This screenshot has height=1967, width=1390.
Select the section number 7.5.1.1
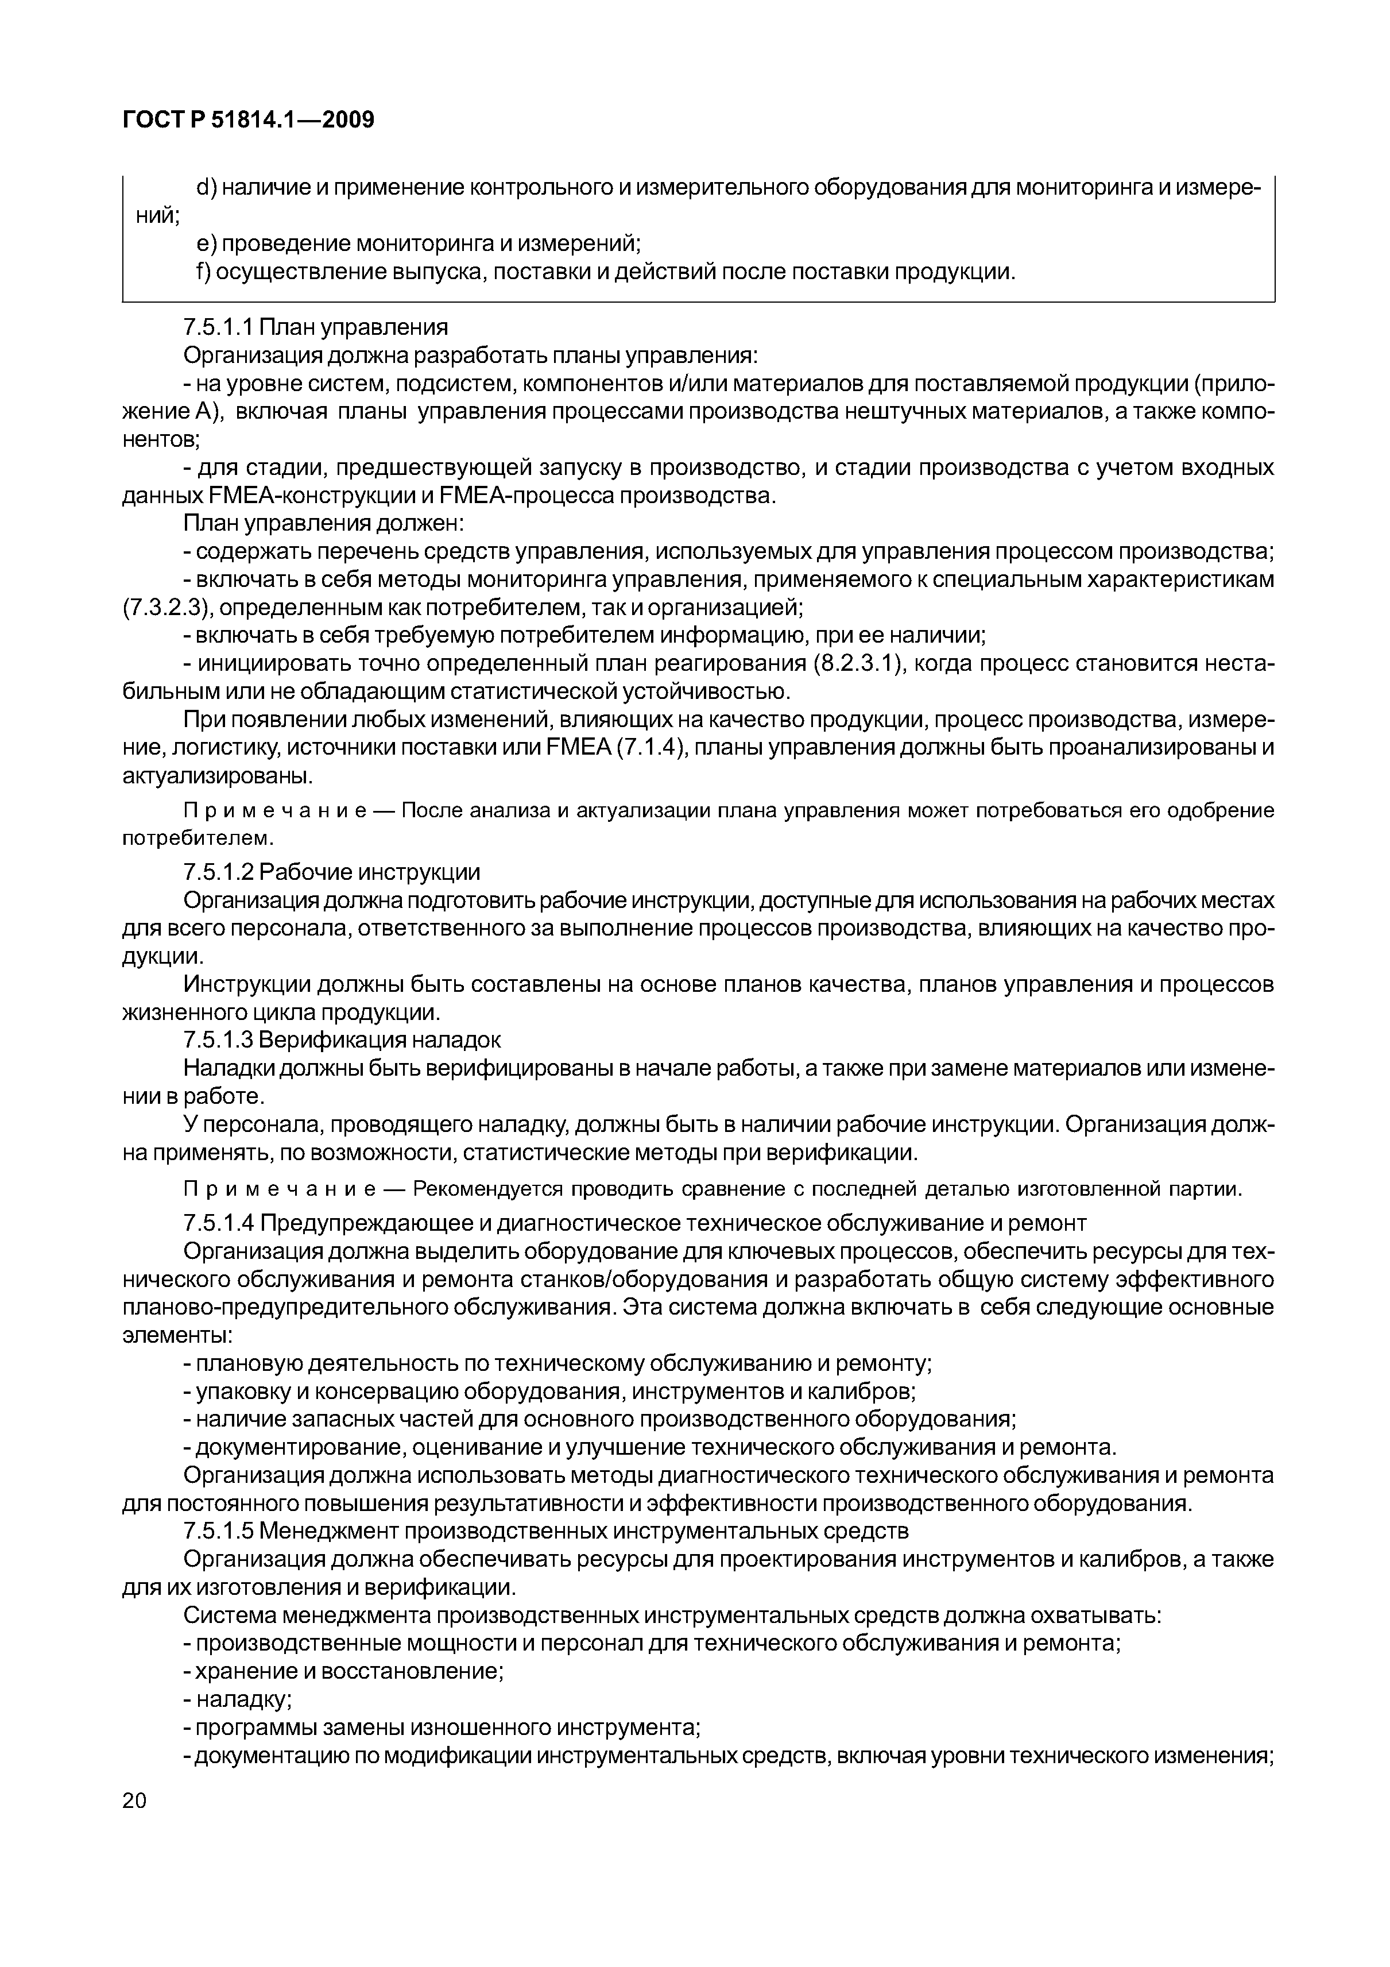click(218, 327)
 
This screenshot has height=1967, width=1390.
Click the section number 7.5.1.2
click(218, 872)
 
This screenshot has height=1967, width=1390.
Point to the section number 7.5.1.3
click(218, 1040)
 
